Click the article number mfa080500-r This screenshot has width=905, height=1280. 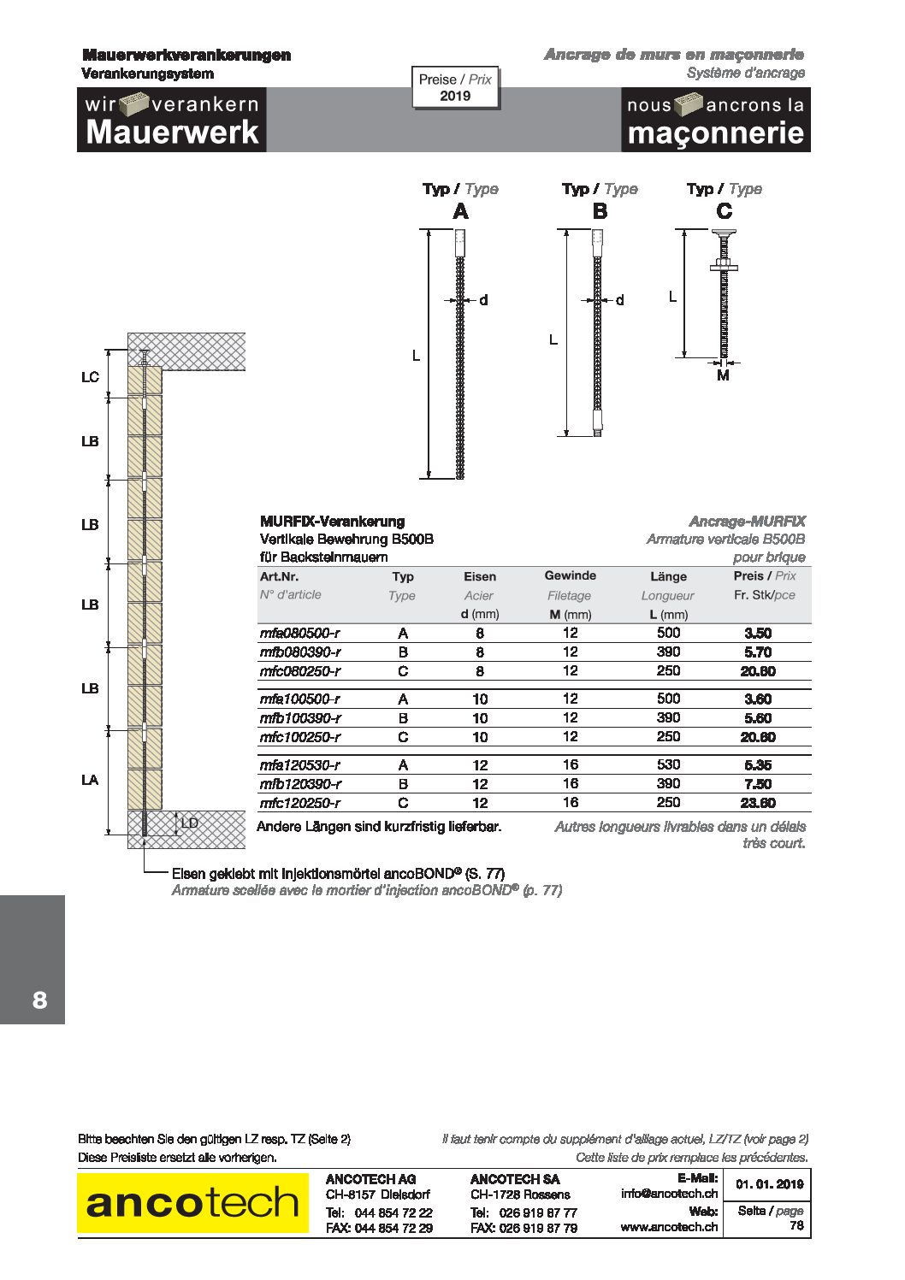[x=299, y=634]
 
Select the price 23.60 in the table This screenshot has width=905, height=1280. [x=758, y=803]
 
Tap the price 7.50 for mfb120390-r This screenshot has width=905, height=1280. [x=758, y=784]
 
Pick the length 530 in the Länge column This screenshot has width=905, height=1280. [x=668, y=764]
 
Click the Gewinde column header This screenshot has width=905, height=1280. [x=570, y=576]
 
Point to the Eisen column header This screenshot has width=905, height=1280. [x=480, y=577]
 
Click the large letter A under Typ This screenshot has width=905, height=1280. [x=460, y=211]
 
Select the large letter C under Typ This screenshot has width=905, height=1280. [x=724, y=211]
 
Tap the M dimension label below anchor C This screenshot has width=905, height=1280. [x=723, y=375]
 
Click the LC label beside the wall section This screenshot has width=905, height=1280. [x=90, y=377]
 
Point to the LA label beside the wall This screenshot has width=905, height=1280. [x=90, y=780]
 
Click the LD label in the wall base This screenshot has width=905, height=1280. [x=189, y=823]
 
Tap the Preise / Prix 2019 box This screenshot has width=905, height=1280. [x=455, y=87]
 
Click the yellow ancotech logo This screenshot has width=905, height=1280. [x=192, y=1202]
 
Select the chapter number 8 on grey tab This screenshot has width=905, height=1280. [x=39, y=1000]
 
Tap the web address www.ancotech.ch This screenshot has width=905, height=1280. [x=669, y=1226]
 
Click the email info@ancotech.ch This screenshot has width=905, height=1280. [x=669, y=1194]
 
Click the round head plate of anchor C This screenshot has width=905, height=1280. [x=724, y=233]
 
